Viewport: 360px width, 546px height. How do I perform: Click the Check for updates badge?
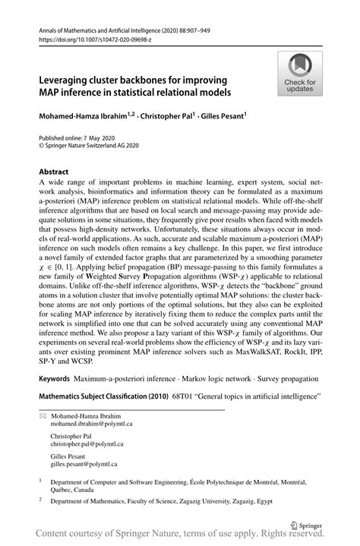(300, 74)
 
